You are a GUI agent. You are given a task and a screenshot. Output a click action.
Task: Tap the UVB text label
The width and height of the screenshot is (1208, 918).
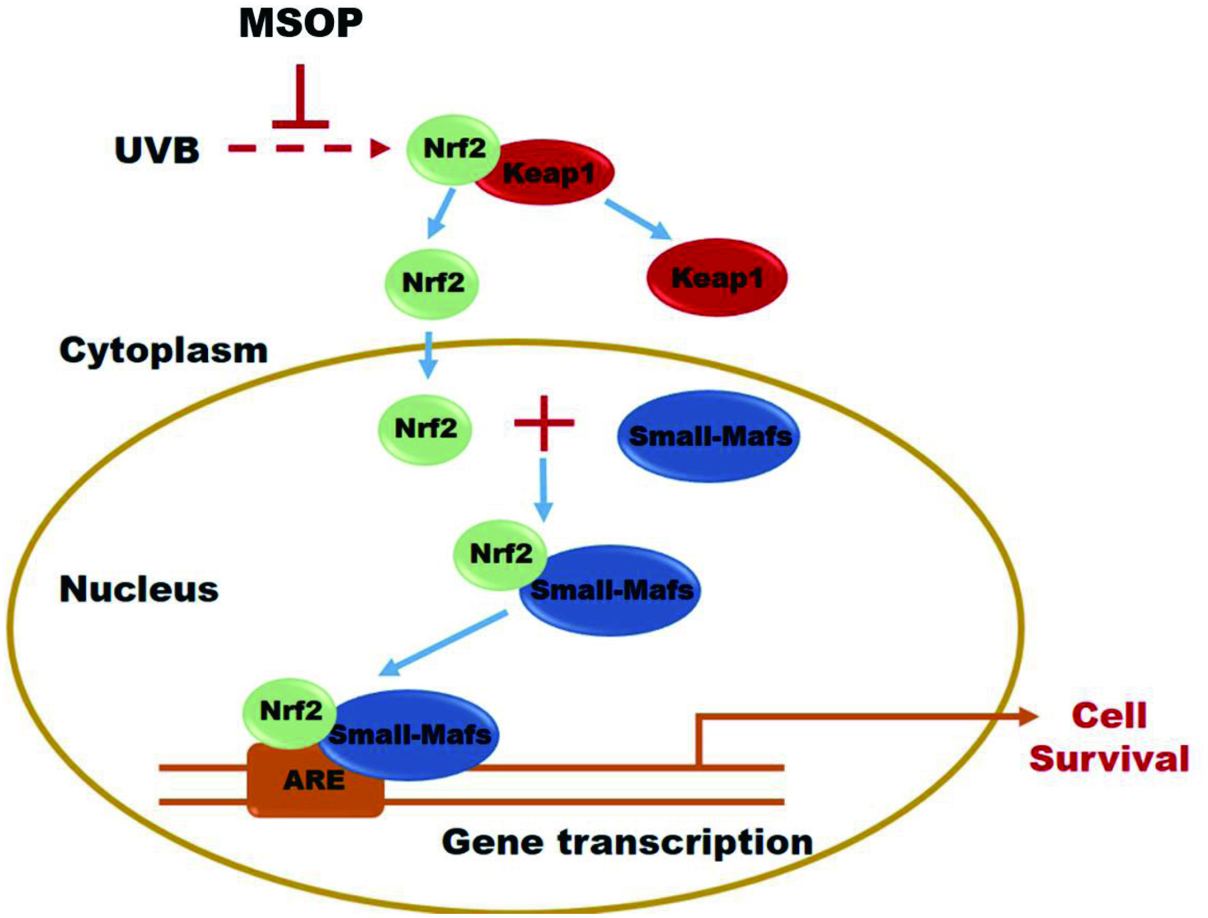(x=157, y=150)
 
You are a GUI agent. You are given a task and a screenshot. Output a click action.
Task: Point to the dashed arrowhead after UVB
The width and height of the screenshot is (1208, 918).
(x=380, y=148)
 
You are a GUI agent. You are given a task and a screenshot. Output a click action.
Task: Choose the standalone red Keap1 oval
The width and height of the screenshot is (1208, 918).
(x=717, y=278)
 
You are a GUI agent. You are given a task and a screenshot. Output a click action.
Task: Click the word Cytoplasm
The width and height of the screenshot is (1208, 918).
(x=164, y=351)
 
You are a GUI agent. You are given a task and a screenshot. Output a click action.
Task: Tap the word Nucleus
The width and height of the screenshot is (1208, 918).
(x=139, y=589)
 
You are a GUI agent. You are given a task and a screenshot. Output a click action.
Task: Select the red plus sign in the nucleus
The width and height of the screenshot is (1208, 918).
(x=544, y=423)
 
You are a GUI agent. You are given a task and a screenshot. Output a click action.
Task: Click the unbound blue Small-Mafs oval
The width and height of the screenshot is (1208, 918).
(x=709, y=436)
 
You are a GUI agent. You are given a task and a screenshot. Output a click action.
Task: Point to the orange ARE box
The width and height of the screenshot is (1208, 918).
(x=315, y=780)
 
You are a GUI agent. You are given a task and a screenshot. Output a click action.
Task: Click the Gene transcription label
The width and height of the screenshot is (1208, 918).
(x=627, y=842)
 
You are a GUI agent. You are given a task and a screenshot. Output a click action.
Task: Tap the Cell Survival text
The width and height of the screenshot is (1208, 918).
(x=1109, y=737)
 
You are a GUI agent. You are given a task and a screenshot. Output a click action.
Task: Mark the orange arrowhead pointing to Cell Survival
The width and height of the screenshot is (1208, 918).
(x=1028, y=716)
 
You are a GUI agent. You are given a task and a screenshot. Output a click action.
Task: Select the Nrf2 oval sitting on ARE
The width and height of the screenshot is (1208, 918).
(x=290, y=713)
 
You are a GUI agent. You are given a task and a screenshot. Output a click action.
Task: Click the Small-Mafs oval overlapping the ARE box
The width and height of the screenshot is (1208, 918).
(x=409, y=735)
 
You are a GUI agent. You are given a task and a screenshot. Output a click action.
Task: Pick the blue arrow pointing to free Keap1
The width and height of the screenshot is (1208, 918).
(x=638, y=219)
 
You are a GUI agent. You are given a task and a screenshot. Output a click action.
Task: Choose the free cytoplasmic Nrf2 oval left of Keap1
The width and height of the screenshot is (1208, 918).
(x=432, y=284)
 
